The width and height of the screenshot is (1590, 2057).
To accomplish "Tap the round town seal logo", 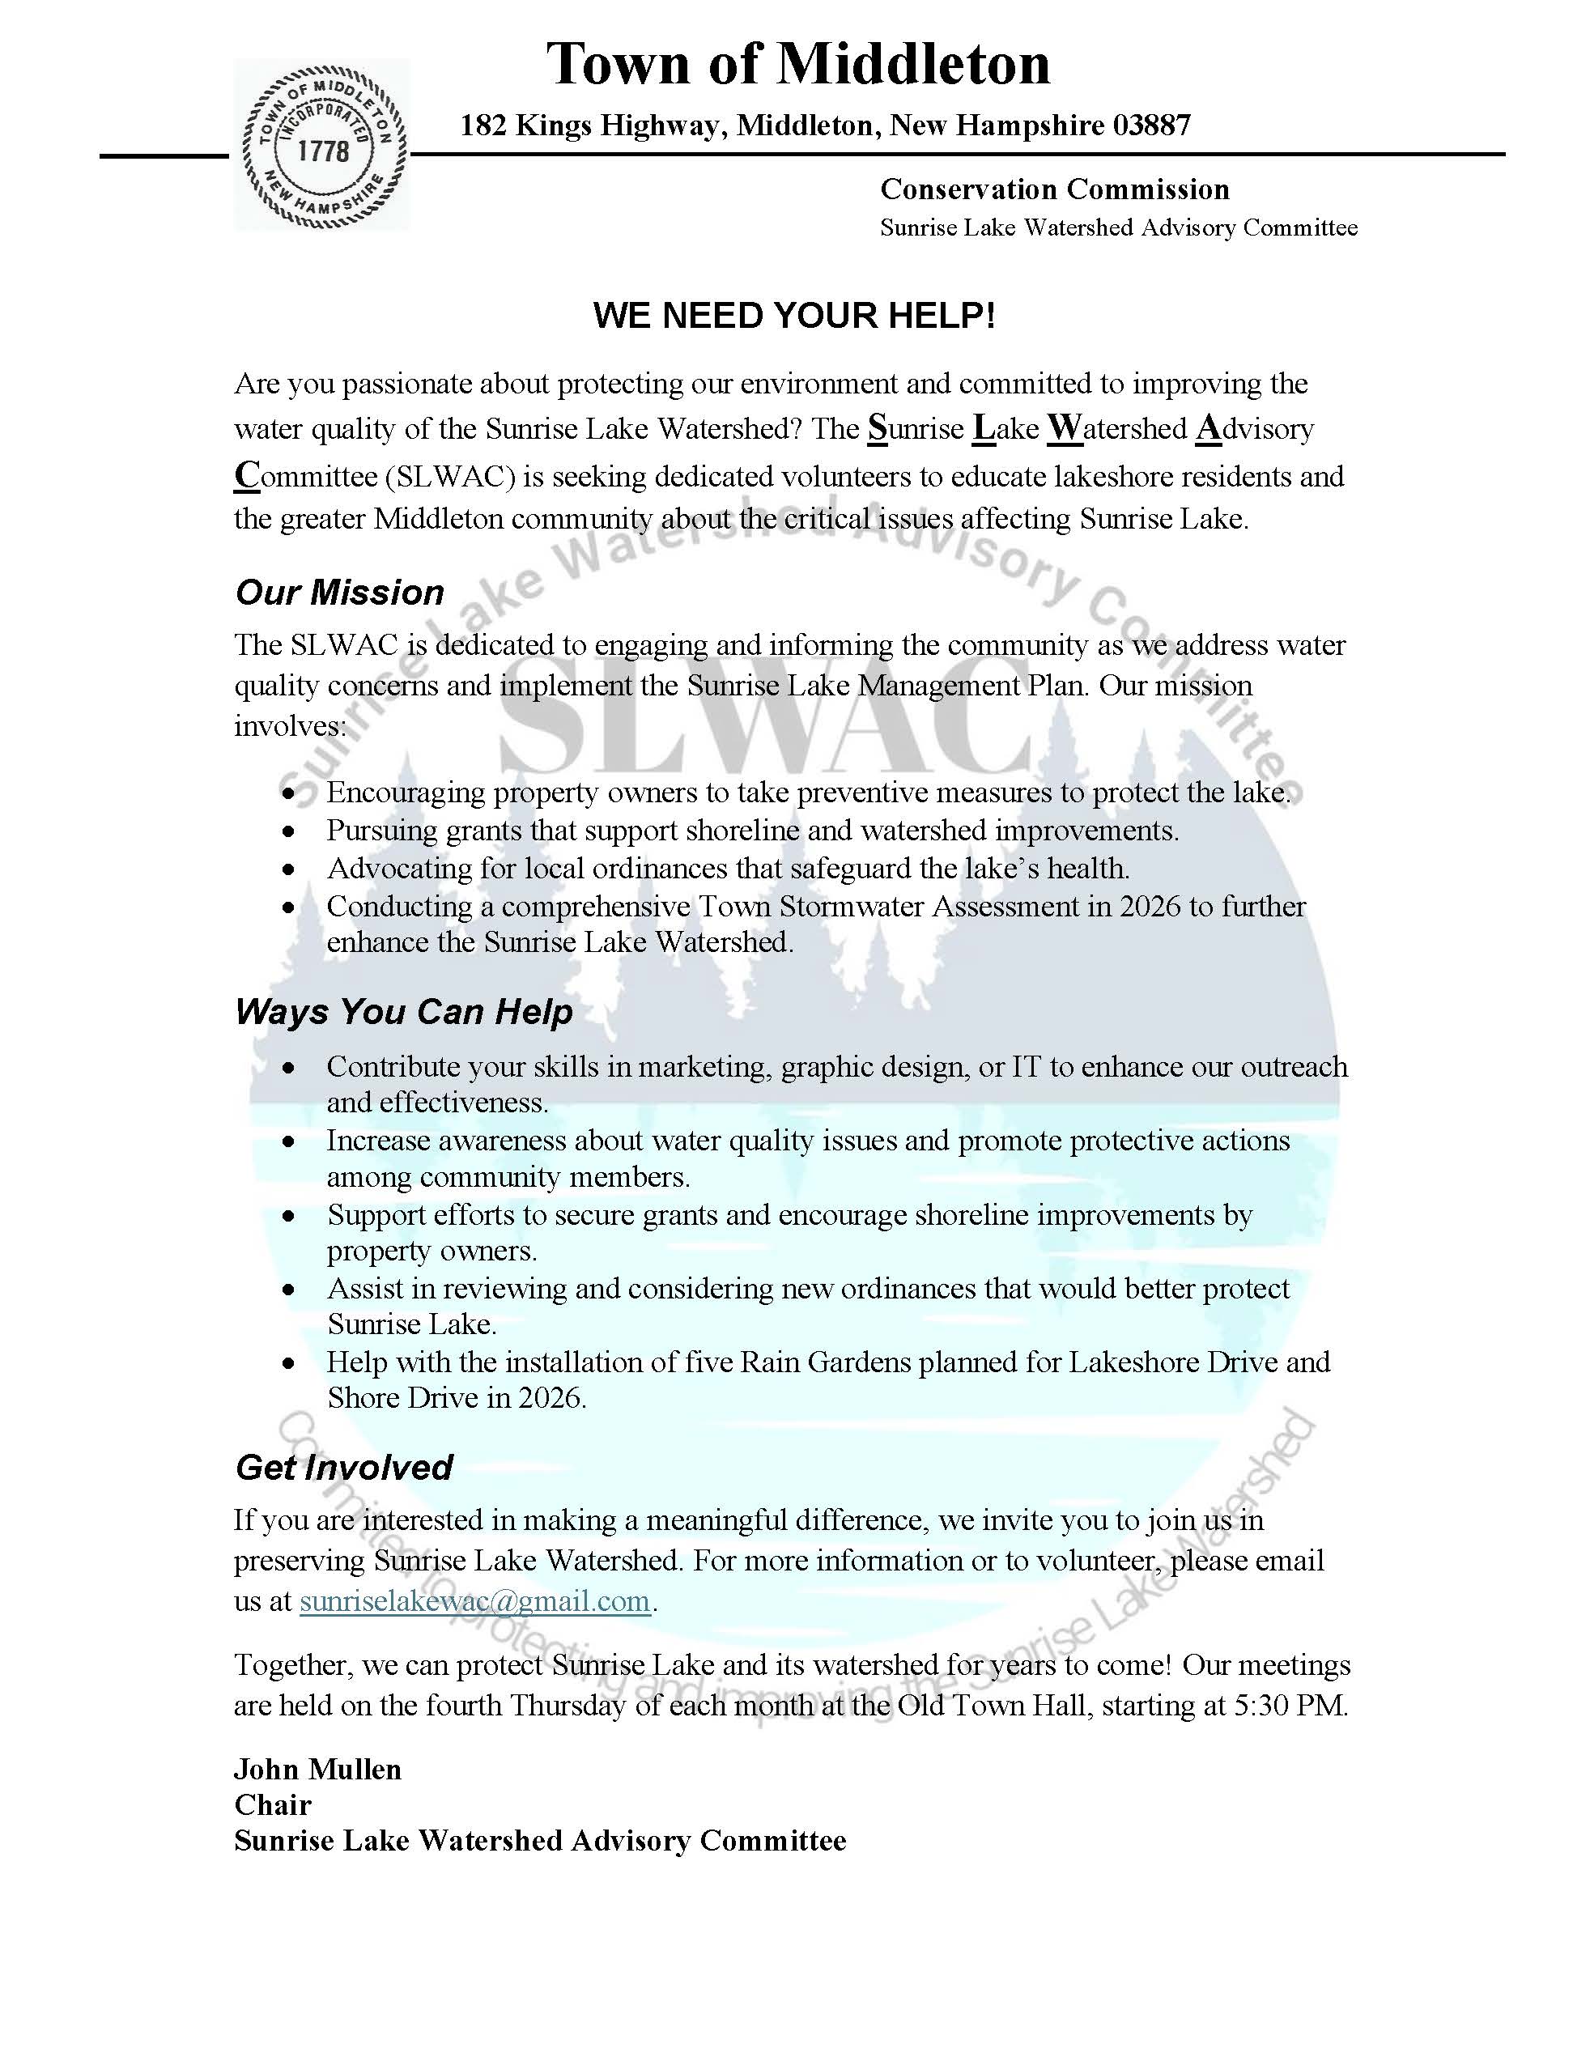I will (323, 146).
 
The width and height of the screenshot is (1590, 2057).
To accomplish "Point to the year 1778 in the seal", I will (323, 151).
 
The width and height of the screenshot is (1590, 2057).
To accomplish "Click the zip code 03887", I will (1151, 125).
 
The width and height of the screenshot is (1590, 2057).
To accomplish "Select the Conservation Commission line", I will (1054, 189).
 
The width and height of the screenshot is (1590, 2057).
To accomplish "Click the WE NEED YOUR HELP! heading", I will (794, 316).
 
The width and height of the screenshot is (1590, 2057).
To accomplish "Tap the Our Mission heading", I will (339, 593).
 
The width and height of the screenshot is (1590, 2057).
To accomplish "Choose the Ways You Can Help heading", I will (403, 1012).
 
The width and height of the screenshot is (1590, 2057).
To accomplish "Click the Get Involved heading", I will (344, 1468).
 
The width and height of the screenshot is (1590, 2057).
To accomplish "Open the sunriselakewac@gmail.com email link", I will (474, 1601).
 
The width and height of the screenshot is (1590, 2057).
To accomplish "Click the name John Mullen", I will (317, 1770).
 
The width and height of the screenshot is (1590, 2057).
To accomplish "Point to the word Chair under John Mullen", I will (272, 1805).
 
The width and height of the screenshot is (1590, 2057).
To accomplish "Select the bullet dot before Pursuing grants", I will (289, 832).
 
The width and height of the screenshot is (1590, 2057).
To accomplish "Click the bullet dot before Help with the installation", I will (289, 1364).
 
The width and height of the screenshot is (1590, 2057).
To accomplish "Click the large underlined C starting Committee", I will (247, 476).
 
